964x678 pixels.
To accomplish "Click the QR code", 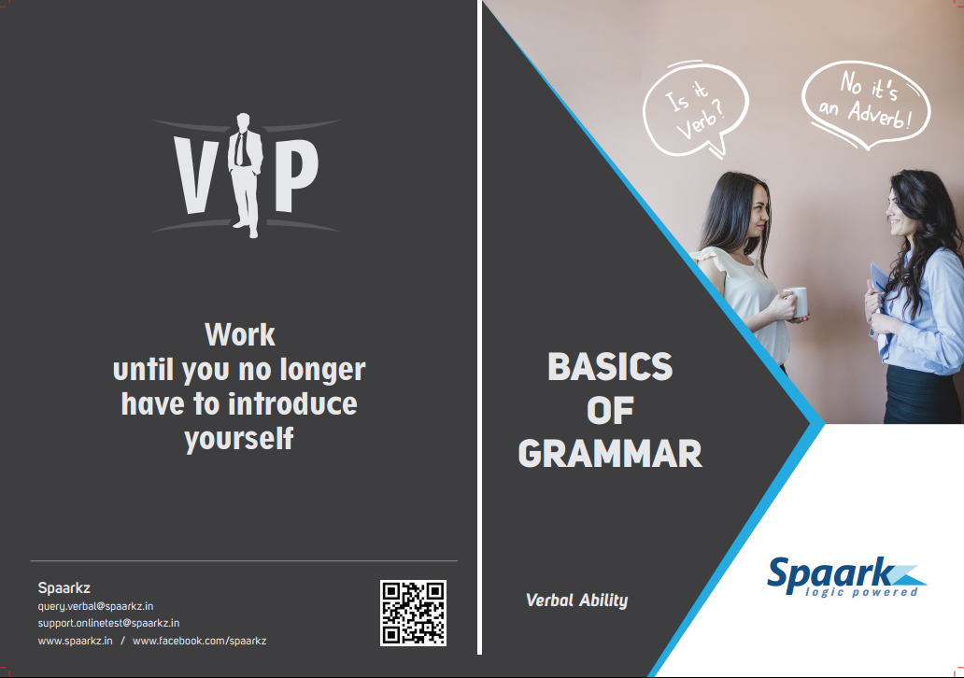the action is click(x=413, y=613).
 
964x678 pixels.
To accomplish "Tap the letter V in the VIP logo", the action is click(x=196, y=176).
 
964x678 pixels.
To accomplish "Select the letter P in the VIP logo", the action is click(x=296, y=176).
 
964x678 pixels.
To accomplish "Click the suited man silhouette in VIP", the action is click(x=246, y=176).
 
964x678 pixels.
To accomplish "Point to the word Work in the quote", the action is click(x=240, y=335).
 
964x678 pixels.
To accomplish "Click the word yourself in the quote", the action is click(x=239, y=439).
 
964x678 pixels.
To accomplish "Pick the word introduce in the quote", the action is click(x=292, y=403).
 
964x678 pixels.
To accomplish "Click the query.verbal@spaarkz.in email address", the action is click(x=95, y=606).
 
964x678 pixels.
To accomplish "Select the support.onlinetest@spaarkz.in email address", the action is click(x=108, y=623).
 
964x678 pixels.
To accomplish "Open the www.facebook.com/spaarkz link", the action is click(x=199, y=641).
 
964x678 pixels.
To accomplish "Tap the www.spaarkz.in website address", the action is click(x=75, y=641).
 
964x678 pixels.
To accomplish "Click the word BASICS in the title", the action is click(x=610, y=367).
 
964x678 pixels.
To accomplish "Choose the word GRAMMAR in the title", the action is click(x=610, y=454).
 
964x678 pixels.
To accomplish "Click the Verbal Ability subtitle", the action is click(x=576, y=600).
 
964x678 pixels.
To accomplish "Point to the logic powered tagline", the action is click(x=861, y=592).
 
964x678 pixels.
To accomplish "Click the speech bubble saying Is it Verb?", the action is click(x=695, y=109).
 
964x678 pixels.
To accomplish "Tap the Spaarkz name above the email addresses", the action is click(x=64, y=587).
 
